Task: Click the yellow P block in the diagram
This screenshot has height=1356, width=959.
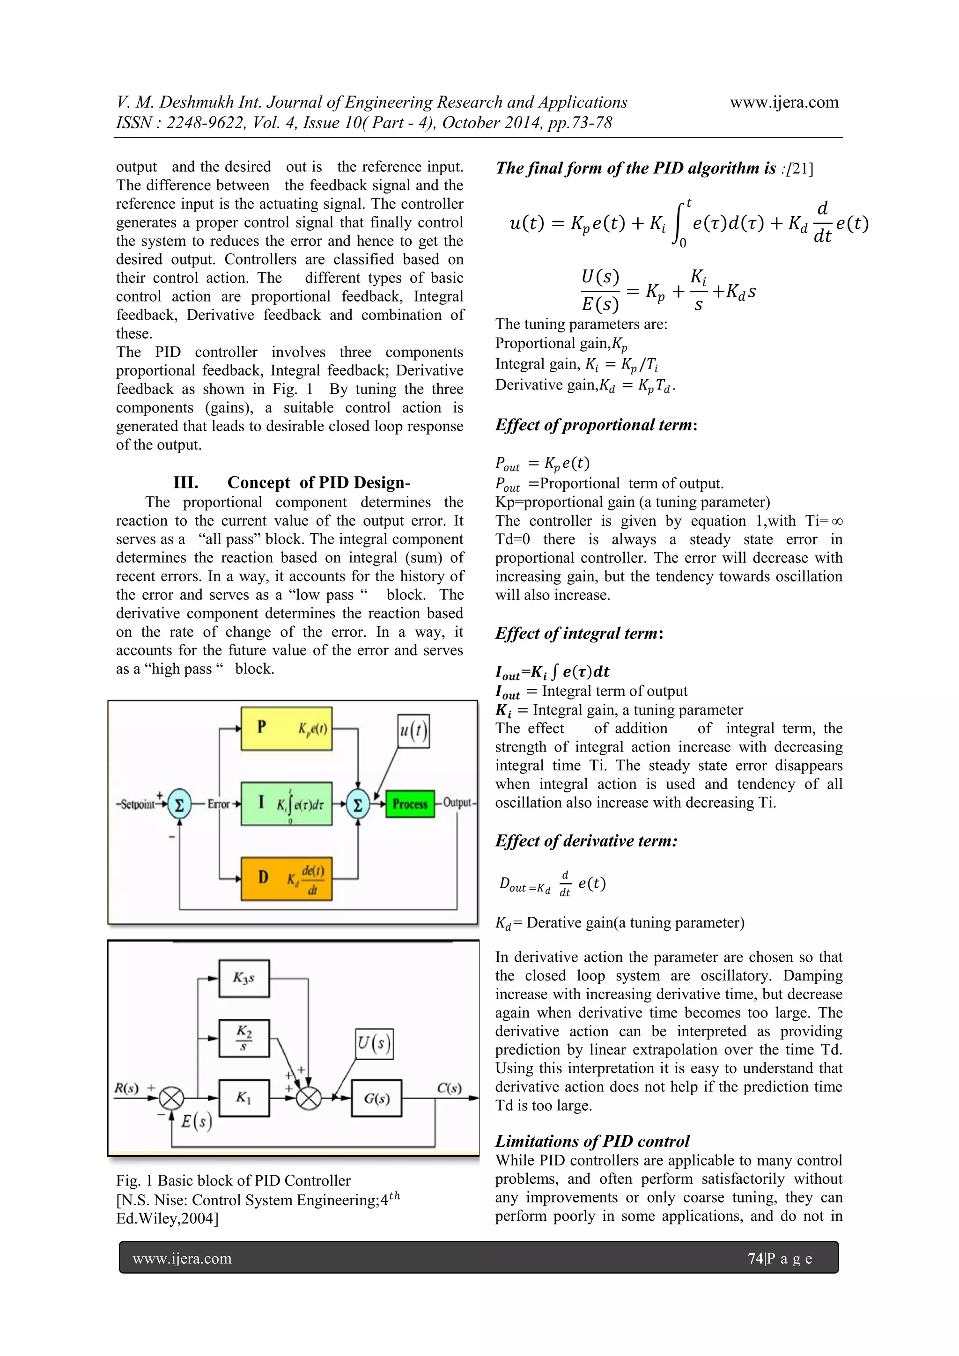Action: pyautogui.click(x=287, y=728)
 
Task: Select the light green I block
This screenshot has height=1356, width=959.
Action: pyautogui.click(x=287, y=803)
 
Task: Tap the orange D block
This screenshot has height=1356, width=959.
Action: pyautogui.click(x=287, y=878)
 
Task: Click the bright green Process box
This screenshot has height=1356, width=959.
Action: pyautogui.click(x=410, y=804)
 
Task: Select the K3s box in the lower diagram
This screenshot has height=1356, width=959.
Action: pyautogui.click(x=244, y=978)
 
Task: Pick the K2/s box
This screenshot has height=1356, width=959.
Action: pyautogui.click(x=244, y=1038)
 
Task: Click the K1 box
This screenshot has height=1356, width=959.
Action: pyautogui.click(x=244, y=1098)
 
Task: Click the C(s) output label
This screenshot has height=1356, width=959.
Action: pyautogui.click(x=449, y=1088)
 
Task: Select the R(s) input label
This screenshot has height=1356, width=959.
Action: pyautogui.click(x=126, y=1088)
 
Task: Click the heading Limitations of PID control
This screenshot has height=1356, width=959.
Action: pyautogui.click(x=592, y=1141)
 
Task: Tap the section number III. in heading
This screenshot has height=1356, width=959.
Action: pyautogui.click(x=185, y=483)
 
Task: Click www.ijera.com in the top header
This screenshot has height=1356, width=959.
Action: pyautogui.click(x=784, y=102)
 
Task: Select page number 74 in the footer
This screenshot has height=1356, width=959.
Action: pyautogui.click(x=755, y=1258)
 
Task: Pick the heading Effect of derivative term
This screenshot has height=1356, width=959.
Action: pyautogui.click(x=586, y=840)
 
